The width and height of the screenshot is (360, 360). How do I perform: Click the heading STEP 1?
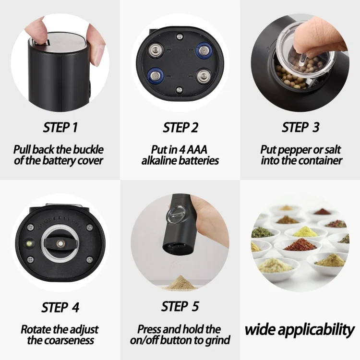[60, 128]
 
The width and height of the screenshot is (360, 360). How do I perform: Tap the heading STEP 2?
[180, 128]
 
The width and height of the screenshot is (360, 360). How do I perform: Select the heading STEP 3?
[300, 128]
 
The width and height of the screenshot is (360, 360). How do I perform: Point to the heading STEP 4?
[60, 307]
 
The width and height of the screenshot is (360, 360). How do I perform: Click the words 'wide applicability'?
[300, 330]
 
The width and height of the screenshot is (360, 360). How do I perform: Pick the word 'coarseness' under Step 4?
[68, 340]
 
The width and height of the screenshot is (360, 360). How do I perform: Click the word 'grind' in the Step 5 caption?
[218, 340]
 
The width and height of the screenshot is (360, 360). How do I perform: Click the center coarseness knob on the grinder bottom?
[60, 244]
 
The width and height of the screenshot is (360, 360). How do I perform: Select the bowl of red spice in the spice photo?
[300, 245]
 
